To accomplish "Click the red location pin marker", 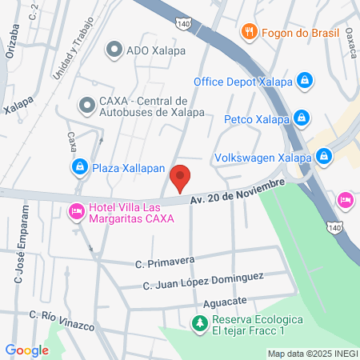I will click(181, 178).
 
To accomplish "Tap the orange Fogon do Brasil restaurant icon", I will click(248, 32).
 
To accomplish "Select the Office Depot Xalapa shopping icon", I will click(304, 81).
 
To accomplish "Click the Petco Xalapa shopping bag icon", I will click(300, 118).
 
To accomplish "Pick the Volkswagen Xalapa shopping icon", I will click(324, 156).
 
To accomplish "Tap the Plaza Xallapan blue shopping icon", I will click(79, 167).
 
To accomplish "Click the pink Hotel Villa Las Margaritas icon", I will click(76, 212).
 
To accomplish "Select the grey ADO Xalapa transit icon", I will click(115, 50).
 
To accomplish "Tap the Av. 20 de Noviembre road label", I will click(238, 191).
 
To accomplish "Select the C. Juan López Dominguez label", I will click(203, 281).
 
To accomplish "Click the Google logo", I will click(27, 350).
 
